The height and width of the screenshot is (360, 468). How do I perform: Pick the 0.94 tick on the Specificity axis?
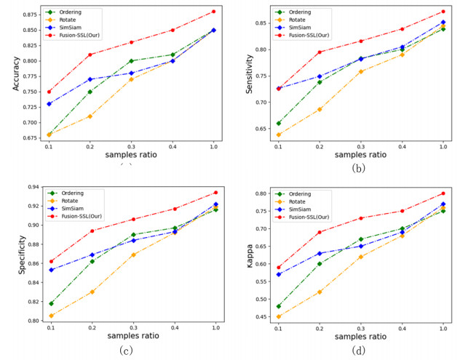pos(33,187)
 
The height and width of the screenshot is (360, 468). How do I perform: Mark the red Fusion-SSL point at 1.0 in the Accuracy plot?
pos(214,12)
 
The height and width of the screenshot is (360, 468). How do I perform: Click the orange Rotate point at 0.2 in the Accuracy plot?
pos(90,116)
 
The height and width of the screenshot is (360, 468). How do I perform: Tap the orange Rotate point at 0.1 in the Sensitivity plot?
pos(278,135)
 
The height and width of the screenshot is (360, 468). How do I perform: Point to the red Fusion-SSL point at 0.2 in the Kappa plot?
pos(320,232)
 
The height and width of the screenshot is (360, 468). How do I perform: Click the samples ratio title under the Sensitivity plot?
pos(361,154)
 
